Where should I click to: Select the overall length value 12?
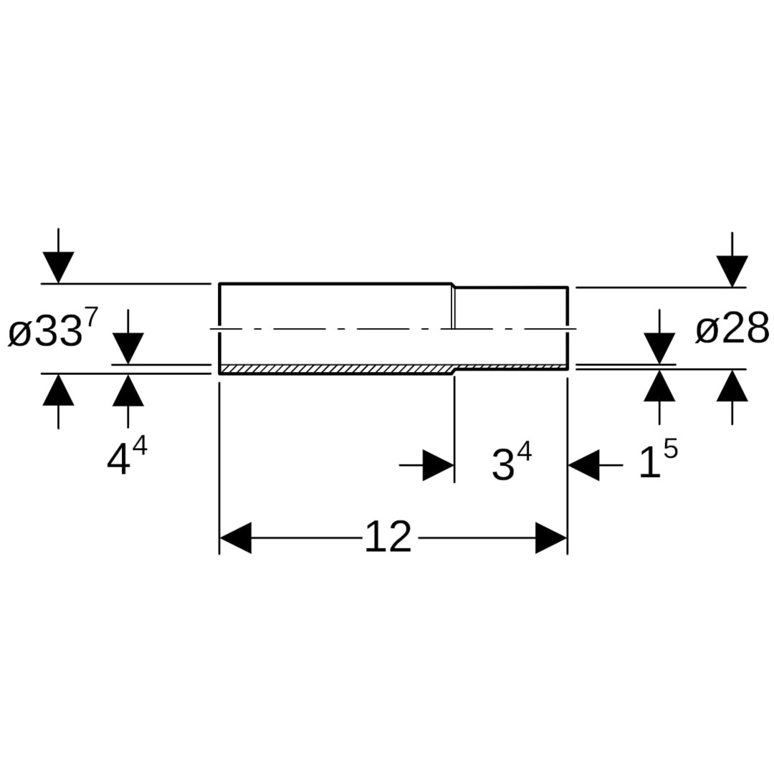tap(388, 537)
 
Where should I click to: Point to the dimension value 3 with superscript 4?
tap(512, 462)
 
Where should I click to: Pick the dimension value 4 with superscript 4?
tap(127, 457)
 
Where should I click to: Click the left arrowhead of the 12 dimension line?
tap(236, 537)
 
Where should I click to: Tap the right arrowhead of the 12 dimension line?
tap(551, 537)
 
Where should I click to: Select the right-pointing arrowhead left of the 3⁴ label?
tap(439, 465)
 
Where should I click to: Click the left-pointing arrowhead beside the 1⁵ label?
tap(584, 465)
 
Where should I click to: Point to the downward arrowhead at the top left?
tap(58, 267)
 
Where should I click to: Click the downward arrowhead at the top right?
tap(732, 271)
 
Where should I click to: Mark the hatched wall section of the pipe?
tap(393, 369)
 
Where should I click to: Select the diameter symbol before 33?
tap(20, 335)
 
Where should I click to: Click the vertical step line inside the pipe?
tap(454, 307)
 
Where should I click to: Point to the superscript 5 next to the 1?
tap(671, 449)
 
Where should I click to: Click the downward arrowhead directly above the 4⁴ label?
tap(128, 348)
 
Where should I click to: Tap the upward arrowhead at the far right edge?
tap(732, 385)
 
